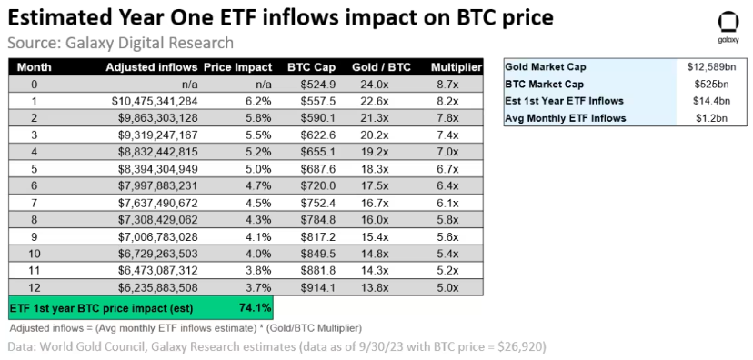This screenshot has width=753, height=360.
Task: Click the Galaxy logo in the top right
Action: [728, 24]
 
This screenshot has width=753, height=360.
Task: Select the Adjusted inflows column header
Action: [151, 67]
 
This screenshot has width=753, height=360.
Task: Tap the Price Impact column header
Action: [237, 67]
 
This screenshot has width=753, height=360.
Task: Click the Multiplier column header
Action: [455, 67]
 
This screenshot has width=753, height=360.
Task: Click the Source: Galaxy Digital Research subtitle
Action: [120, 43]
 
